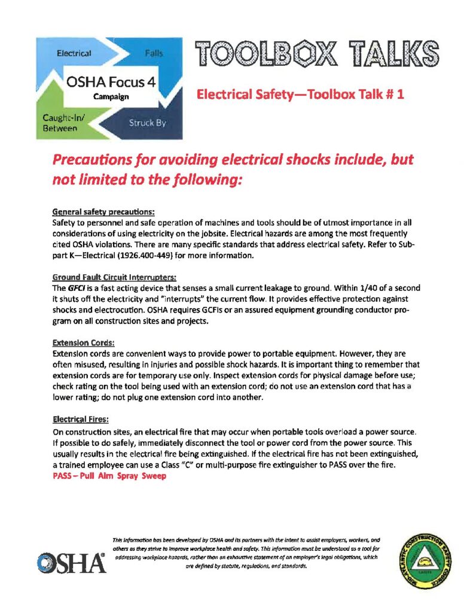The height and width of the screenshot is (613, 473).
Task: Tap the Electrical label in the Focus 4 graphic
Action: click(x=74, y=53)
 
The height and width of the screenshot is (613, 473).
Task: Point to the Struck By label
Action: click(x=147, y=123)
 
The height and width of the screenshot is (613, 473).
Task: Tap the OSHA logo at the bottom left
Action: click(x=71, y=563)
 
